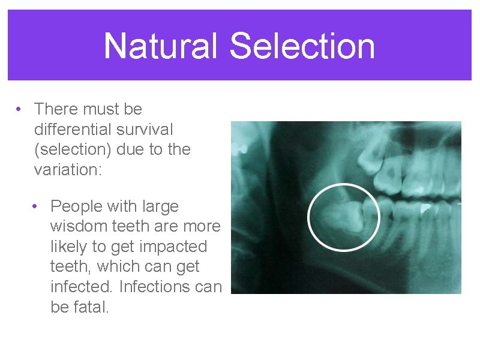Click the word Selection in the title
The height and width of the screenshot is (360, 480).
coord(302,46)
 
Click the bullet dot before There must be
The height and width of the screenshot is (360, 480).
coord(20,110)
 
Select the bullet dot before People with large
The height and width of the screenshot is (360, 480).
coord(37,207)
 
